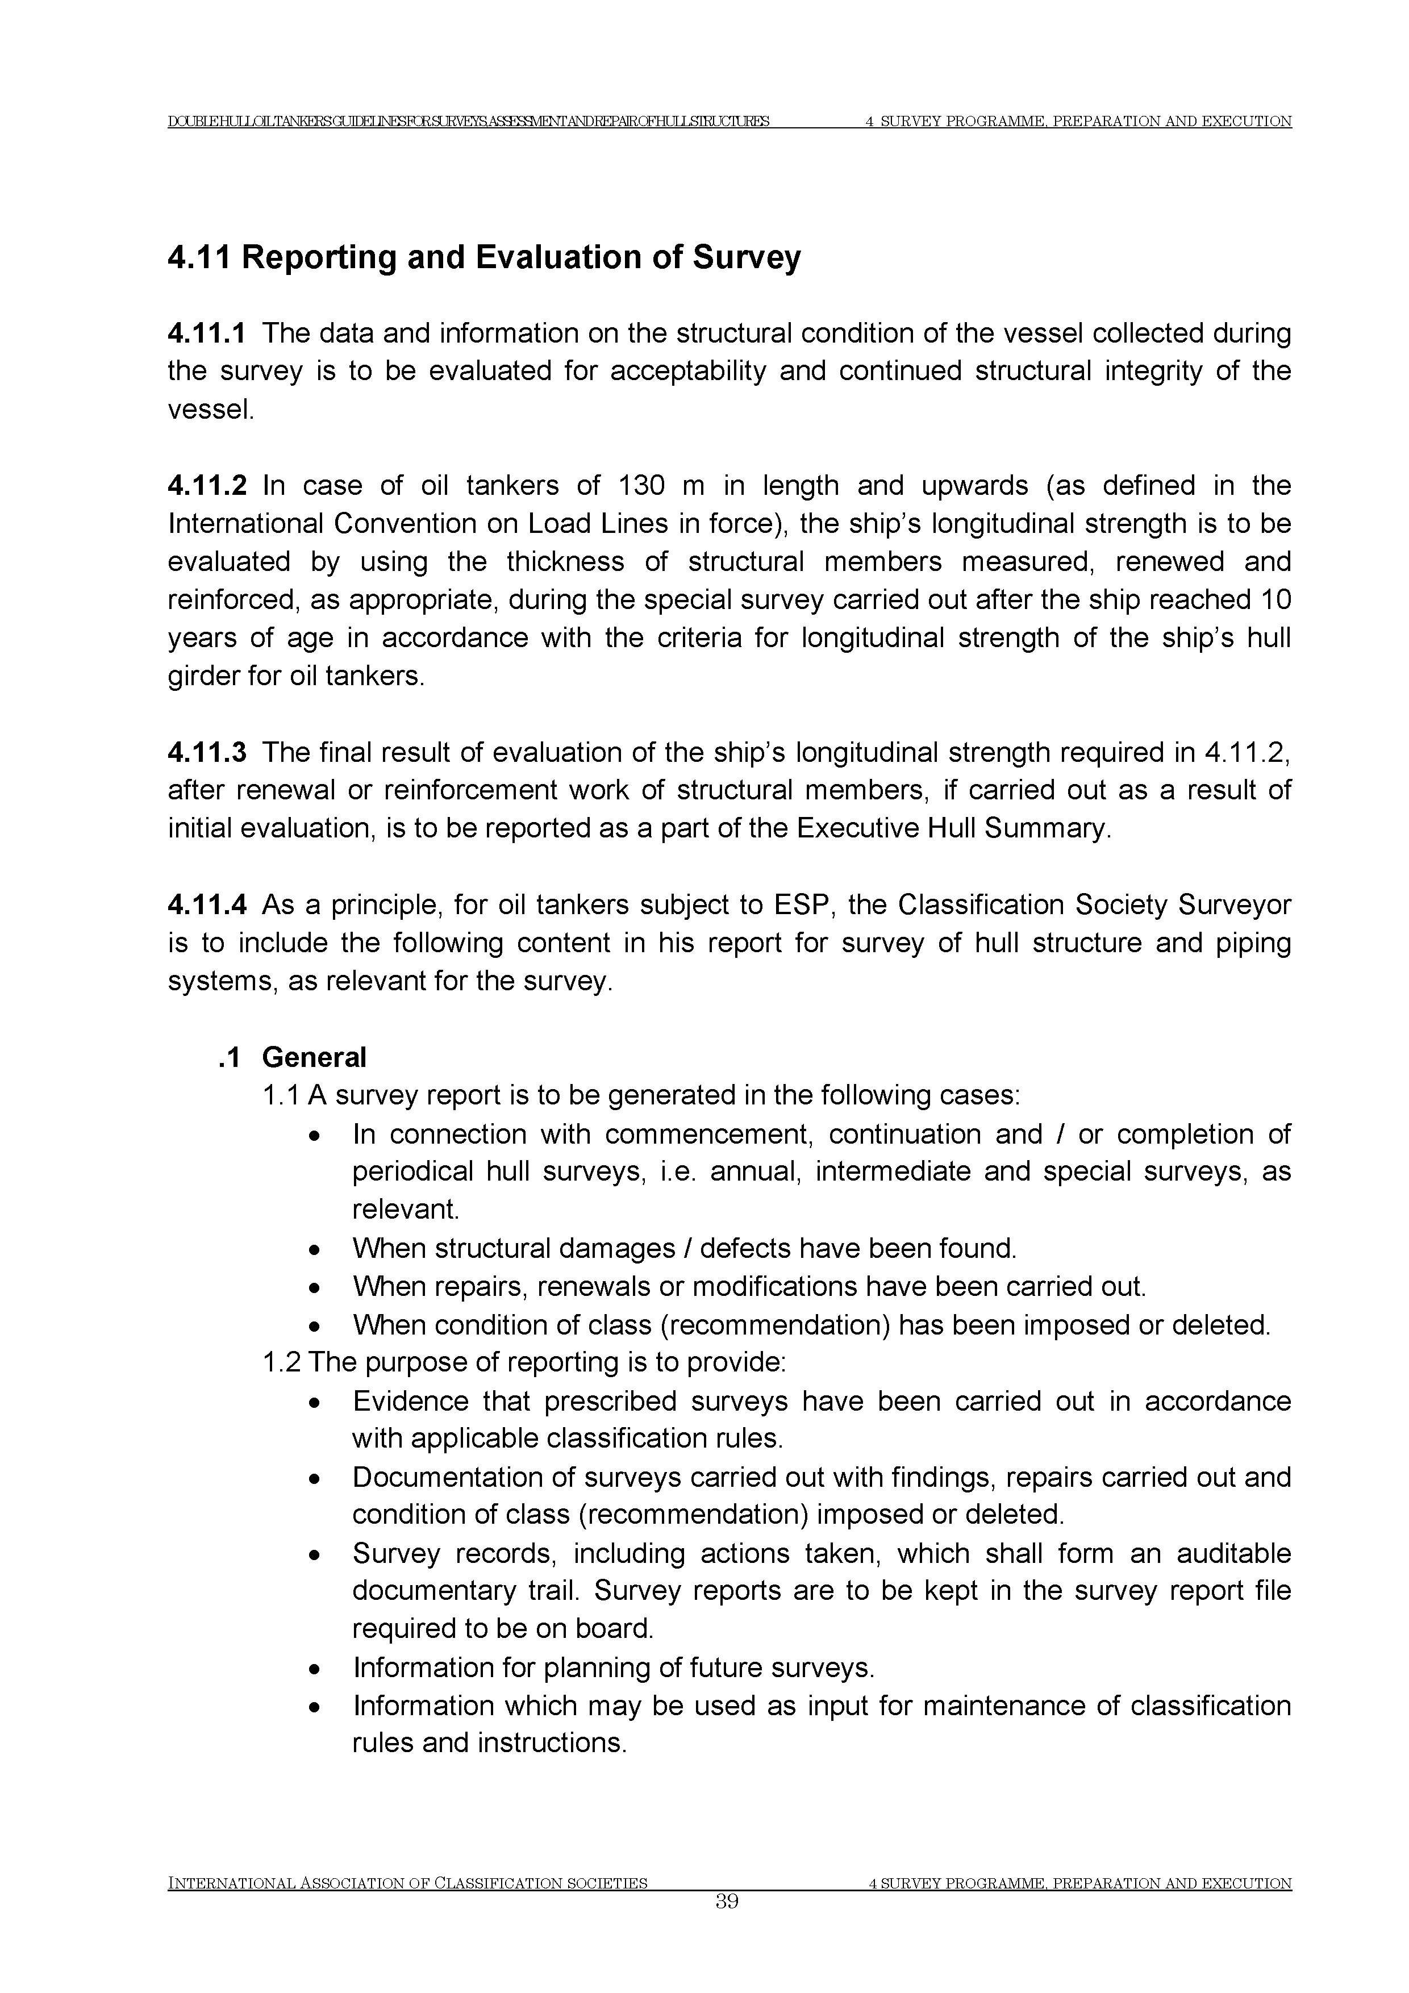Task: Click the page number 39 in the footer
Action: click(x=727, y=1926)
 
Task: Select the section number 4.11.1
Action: click(x=207, y=333)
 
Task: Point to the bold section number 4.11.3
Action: click(x=207, y=753)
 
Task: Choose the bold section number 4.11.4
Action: click(x=207, y=906)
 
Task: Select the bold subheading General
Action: click(x=314, y=1057)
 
